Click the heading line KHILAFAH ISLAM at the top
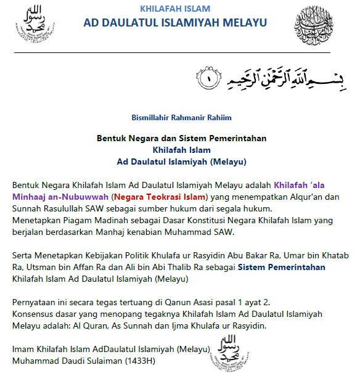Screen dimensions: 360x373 [175, 9]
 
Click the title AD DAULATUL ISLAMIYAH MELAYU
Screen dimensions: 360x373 [176, 23]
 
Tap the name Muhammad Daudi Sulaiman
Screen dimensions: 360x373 [63, 360]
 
